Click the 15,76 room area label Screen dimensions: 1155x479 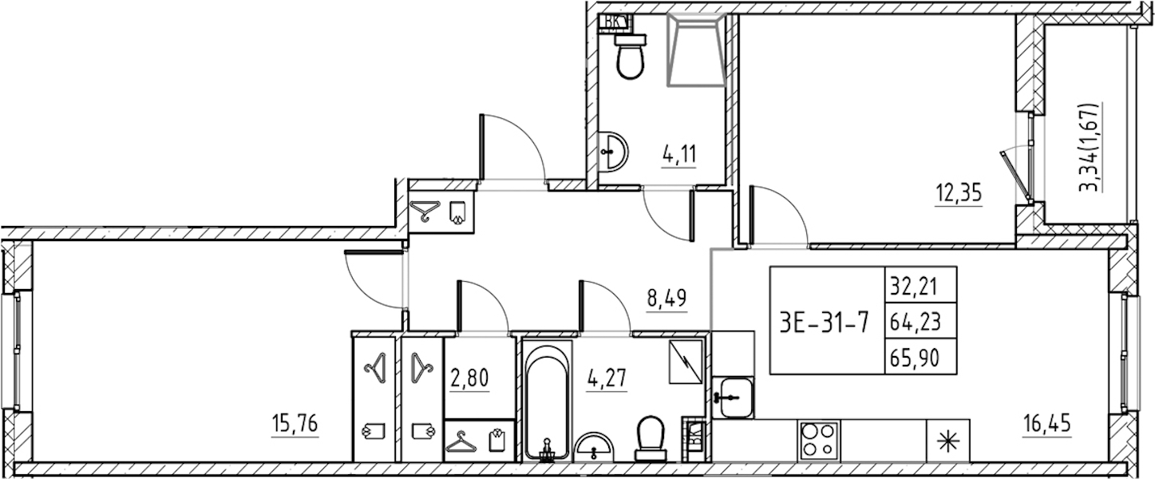(x=295, y=424)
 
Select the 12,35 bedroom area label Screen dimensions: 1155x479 (x=959, y=194)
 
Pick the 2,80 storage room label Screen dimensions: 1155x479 (x=469, y=378)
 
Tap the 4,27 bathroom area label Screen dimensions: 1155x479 (x=607, y=378)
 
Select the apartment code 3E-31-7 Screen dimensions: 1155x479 (x=824, y=323)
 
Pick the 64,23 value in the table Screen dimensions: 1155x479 (x=916, y=322)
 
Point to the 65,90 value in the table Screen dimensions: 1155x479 (x=916, y=357)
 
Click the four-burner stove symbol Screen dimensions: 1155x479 (x=819, y=439)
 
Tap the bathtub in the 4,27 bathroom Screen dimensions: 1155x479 (x=547, y=402)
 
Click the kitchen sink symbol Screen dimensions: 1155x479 (x=733, y=398)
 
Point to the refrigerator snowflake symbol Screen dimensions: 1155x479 (x=947, y=441)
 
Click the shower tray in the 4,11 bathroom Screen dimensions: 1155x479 (x=696, y=49)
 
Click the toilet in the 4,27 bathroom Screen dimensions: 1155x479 (x=651, y=439)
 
